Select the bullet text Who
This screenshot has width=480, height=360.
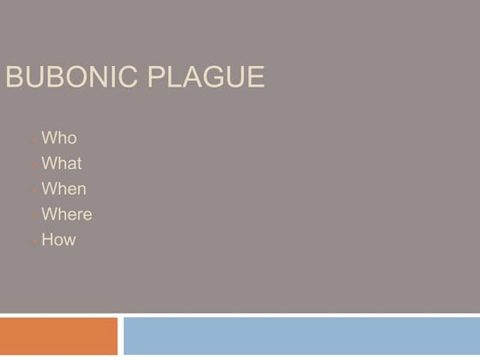point(58,138)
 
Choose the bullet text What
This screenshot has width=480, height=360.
point(62,164)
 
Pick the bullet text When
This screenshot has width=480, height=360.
point(63,189)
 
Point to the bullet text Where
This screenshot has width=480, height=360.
point(66,214)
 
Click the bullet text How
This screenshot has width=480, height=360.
point(58,240)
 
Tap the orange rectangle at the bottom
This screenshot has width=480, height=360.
point(58,336)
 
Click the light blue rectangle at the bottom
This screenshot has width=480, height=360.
point(301,336)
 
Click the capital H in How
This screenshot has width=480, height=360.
point(47,240)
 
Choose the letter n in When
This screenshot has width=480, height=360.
point(81,190)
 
